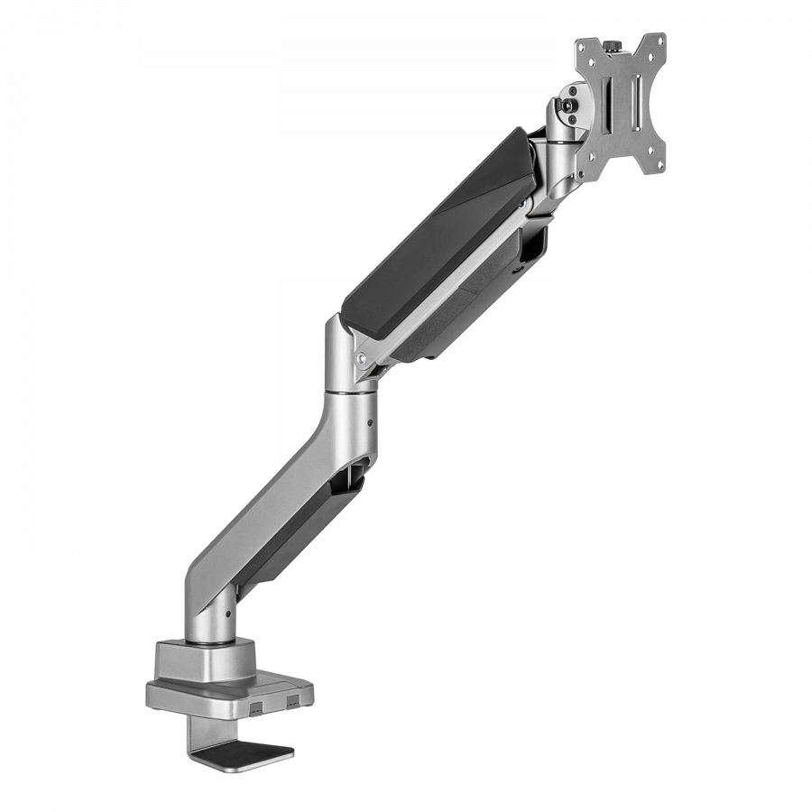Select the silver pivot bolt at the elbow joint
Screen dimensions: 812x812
[362, 356]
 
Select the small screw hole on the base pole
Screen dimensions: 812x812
[227, 614]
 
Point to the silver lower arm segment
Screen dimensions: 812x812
[280, 505]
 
